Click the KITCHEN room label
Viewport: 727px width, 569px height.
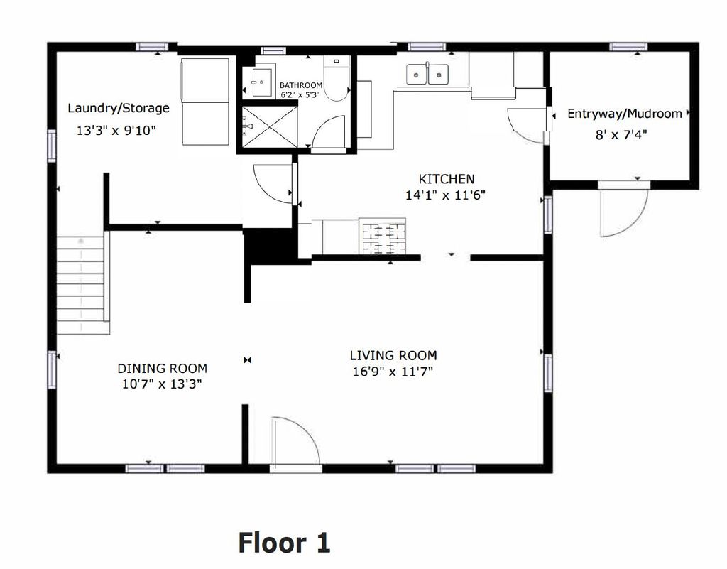click(446, 179)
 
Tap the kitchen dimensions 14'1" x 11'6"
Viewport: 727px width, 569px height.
click(446, 195)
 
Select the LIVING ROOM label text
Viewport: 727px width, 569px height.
click(393, 355)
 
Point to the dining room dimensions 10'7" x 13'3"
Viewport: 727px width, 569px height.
click(162, 384)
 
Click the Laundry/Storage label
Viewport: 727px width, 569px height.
click(119, 108)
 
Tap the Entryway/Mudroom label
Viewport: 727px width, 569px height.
click(624, 114)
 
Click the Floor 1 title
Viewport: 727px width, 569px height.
click(284, 543)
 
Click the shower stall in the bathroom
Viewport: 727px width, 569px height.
click(269, 126)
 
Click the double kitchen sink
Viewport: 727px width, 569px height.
click(427, 74)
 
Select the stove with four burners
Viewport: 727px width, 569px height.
click(383, 237)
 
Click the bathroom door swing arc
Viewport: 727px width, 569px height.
click(328, 134)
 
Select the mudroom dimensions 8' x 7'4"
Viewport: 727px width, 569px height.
click(623, 133)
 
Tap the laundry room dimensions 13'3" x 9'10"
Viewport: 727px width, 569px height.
click(116, 131)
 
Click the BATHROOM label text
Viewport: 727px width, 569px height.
click(300, 85)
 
